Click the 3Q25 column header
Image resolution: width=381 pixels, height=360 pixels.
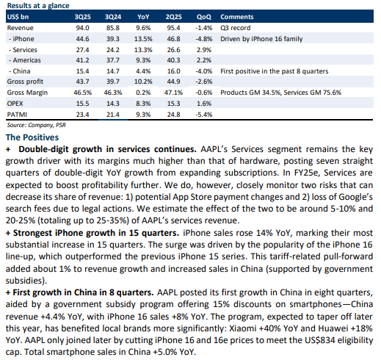(82, 17)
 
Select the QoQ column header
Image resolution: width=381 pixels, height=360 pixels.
(204, 17)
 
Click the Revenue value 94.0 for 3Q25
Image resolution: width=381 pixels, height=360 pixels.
(82, 28)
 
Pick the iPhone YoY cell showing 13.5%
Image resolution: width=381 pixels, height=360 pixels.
(143, 39)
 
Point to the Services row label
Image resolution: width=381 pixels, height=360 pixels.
(23, 50)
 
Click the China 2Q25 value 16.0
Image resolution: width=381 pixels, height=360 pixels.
(173, 71)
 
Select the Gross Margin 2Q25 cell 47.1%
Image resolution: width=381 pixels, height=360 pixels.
(173, 93)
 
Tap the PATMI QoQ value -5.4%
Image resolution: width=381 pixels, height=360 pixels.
(204, 115)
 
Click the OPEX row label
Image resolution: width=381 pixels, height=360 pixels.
(15, 104)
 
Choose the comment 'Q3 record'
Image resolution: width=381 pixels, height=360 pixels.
(236, 28)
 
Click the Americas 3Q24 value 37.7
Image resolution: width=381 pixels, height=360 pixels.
(113, 60)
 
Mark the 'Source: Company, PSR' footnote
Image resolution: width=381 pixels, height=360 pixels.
(37, 125)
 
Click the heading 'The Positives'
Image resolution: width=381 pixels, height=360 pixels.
(32, 137)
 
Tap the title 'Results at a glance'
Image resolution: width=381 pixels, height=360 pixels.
(38, 6)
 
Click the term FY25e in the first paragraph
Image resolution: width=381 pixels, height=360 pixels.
(306, 173)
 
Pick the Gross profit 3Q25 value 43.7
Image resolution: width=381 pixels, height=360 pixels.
(82, 82)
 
